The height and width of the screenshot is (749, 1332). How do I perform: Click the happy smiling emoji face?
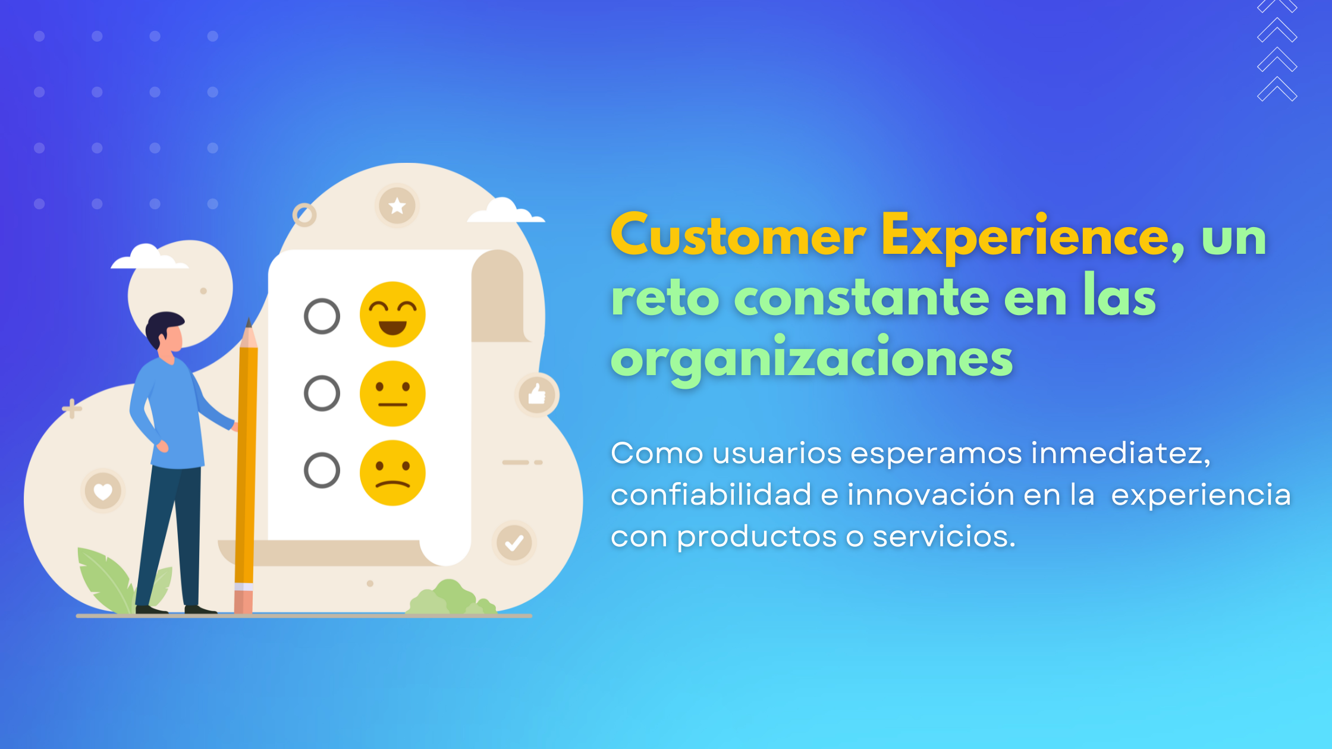392,314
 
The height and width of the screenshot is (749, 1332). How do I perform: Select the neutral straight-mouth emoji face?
392,394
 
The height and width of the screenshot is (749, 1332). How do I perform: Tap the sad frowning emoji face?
392,473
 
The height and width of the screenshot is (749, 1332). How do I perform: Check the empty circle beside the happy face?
322,316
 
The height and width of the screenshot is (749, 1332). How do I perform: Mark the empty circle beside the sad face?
322,471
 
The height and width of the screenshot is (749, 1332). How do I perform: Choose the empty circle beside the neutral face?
322,394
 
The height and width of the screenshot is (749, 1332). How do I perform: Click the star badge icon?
397,206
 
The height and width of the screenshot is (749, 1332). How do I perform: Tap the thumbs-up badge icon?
537,394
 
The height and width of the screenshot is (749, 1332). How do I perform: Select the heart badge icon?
103,492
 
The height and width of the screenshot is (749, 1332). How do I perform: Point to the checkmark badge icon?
514,543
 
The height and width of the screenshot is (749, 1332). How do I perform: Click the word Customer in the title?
738,237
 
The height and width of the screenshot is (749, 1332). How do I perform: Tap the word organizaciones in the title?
812,360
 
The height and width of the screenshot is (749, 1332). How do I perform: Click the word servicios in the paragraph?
944,537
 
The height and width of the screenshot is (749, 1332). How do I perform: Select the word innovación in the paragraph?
931,495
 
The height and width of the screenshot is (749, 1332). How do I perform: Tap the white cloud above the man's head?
147,258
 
